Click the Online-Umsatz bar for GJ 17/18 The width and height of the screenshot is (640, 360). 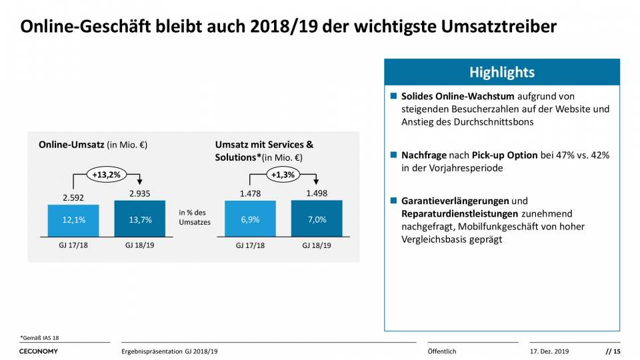(73, 220)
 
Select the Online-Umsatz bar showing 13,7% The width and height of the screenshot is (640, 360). (140, 219)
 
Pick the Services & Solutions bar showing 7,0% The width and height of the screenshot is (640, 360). (317, 219)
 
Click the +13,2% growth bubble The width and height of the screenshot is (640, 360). (105, 175)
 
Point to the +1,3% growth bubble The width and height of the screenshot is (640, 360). (283, 175)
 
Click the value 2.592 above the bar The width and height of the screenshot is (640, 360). (73, 198)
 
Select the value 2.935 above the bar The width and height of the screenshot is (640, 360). (140, 193)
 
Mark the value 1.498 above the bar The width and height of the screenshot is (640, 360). (317, 193)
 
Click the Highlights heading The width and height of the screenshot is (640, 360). (501, 72)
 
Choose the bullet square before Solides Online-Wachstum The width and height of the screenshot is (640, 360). (394, 97)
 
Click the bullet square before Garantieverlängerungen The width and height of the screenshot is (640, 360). (394, 201)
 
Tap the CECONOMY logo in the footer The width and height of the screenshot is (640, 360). (39, 351)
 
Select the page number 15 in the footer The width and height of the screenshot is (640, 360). (617, 351)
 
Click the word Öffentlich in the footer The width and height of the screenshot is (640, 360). (441, 351)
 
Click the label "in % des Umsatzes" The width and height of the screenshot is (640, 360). (195, 217)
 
